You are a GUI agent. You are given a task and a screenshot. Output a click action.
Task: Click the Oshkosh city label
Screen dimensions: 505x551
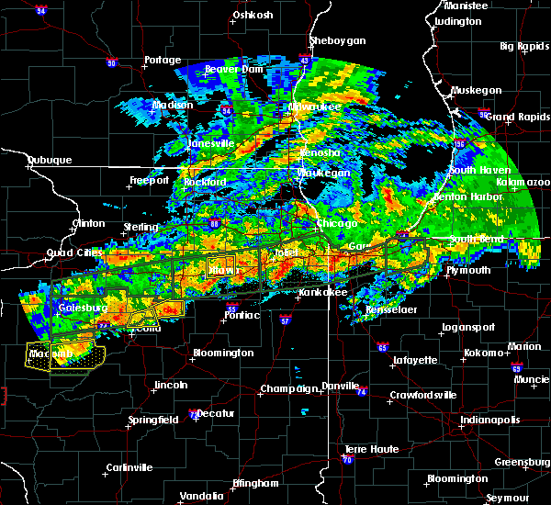[x=254, y=15]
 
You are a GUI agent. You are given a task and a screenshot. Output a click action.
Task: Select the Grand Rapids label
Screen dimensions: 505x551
[x=513, y=117]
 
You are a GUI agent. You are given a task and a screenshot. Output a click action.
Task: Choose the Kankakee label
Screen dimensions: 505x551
[x=321, y=293]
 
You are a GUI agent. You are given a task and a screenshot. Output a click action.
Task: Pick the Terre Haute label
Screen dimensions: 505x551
[x=366, y=448]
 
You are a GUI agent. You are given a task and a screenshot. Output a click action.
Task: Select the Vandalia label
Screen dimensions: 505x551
[x=201, y=495]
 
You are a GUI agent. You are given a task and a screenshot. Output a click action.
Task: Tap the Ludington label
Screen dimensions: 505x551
[x=457, y=21]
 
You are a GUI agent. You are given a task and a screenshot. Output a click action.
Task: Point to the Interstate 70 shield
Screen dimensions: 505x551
[x=347, y=460]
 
